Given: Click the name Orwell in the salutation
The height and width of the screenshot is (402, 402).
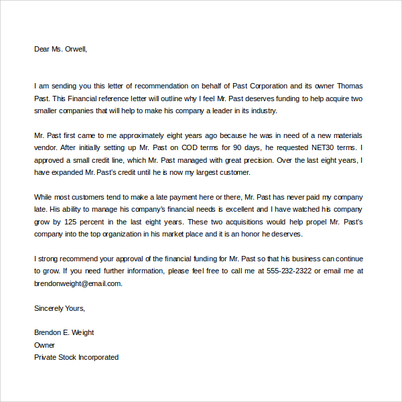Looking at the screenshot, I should [x=74, y=49].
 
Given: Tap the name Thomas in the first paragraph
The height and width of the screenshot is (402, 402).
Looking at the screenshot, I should [x=349, y=86].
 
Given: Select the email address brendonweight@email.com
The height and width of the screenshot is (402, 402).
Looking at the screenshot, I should [x=78, y=283].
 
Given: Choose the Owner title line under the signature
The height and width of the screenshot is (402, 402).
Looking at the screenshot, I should [x=44, y=345].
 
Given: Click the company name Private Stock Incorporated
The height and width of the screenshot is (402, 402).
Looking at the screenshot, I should [x=76, y=357].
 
